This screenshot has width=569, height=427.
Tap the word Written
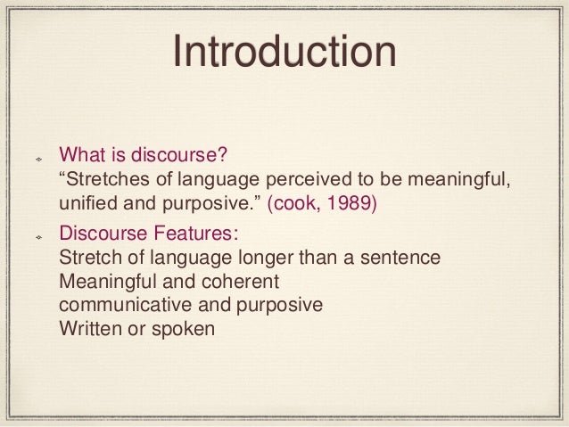pos(86,328)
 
